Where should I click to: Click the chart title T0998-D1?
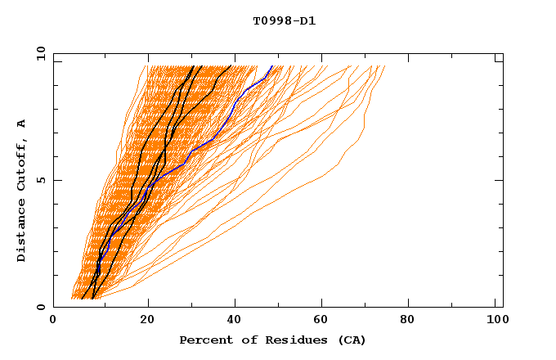(x=285, y=20)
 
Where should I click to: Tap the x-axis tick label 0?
(x=53, y=321)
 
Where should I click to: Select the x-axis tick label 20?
(x=146, y=321)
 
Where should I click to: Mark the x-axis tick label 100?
(x=495, y=321)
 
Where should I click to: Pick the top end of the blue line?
(x=272, y=66)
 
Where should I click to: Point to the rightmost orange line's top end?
(x=384, y=66)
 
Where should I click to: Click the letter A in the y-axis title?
(x=22, y=124)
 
